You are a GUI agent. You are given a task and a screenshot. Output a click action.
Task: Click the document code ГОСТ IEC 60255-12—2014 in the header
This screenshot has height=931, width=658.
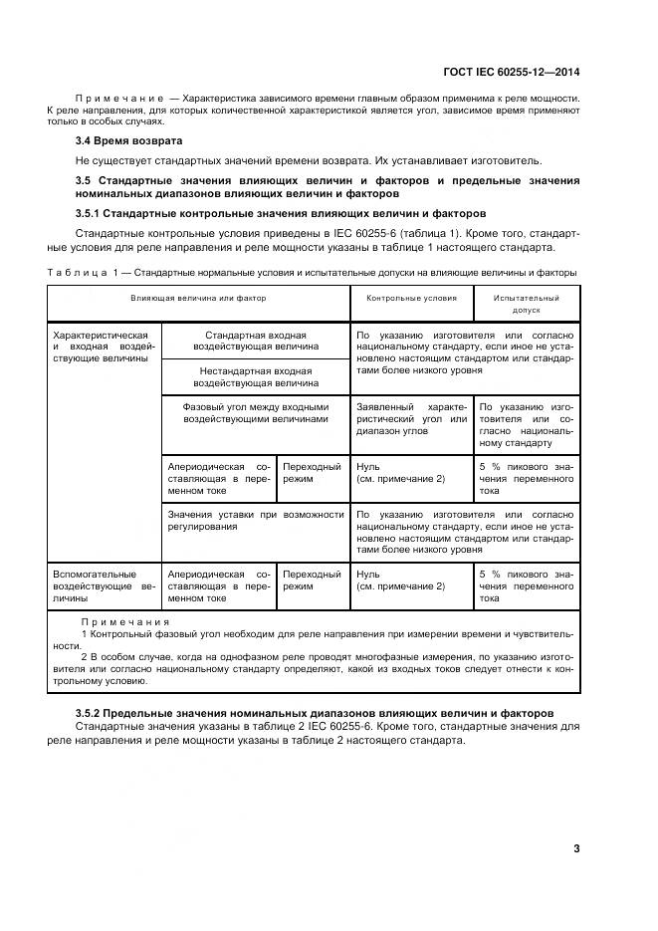[511, 72]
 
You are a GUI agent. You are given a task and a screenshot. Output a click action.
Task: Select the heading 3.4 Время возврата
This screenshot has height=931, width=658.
[115, 140]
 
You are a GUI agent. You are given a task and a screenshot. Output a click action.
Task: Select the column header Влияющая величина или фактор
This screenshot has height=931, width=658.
[198, 298]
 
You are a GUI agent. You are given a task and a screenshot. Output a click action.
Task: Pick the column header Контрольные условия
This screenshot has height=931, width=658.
[411, 298]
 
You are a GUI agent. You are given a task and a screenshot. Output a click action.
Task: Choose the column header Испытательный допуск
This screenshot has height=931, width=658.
[526, 304]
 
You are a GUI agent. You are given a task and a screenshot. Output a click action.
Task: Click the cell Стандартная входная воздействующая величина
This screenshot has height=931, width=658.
[256, 342]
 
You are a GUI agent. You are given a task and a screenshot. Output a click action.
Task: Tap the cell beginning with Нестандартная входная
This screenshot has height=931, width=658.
[256, 376]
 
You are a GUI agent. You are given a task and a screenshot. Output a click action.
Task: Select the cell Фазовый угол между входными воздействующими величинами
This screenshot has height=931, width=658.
[256, 413]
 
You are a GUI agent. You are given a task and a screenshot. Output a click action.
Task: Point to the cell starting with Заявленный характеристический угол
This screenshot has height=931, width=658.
[411, 419]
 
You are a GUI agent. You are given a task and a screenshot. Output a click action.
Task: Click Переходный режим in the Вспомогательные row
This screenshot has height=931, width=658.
[312, 581]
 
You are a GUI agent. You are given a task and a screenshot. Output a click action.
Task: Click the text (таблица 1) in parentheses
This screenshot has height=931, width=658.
[448, 234]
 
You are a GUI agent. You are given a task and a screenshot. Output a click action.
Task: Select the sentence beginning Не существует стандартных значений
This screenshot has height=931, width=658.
[310, 159]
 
